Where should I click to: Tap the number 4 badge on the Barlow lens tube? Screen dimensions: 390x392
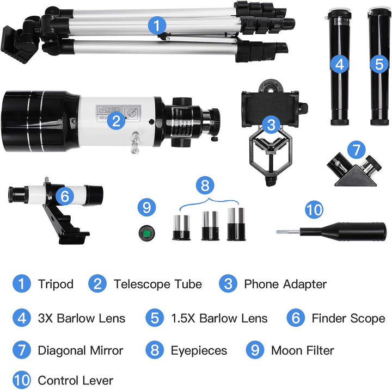(340, 64)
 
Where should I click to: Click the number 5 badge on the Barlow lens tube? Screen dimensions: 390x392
(379, 64)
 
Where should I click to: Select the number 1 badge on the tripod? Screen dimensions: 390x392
(157, 24)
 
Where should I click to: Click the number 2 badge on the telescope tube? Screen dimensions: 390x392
(115, 121)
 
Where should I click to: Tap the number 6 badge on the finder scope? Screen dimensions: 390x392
(65, 196)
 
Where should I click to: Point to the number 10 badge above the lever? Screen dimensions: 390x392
(314, 210)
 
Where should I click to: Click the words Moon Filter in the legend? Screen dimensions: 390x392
(302, 350)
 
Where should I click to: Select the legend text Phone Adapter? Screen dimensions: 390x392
(285, 284)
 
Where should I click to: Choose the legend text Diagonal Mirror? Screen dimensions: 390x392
(81, 350)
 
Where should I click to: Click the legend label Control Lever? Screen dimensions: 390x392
(76, 380)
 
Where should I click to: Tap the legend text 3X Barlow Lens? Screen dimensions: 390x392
(82, 318)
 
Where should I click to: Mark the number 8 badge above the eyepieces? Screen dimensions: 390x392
(205, 185)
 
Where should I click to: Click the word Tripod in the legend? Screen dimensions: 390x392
(56, 284)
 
